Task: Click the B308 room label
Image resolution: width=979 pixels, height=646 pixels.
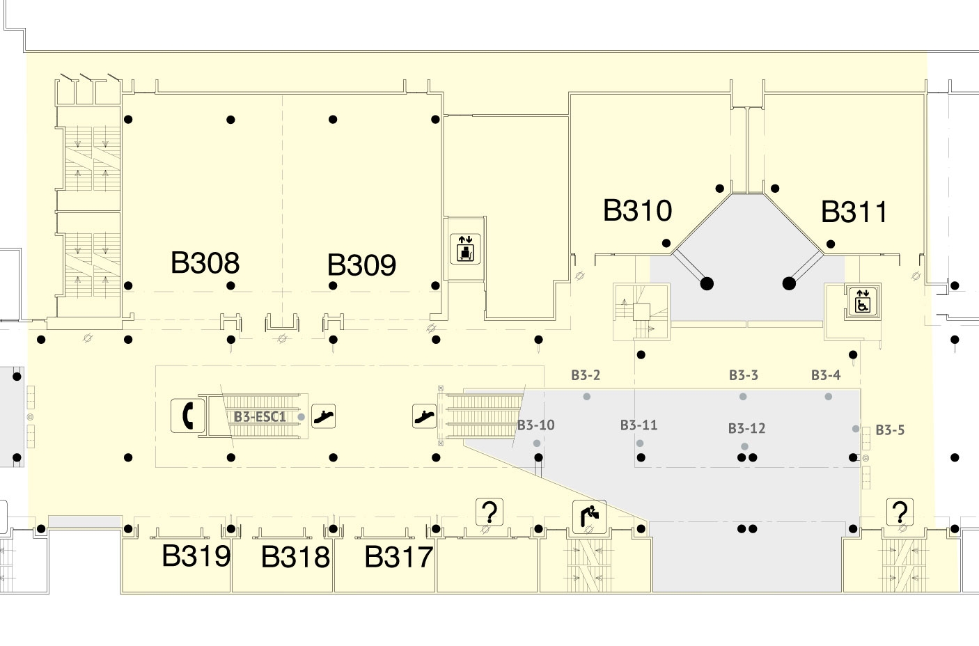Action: click(205, 262)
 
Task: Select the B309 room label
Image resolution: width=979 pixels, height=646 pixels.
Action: click(361, 265)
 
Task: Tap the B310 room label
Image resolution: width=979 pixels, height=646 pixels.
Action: click(637, 210)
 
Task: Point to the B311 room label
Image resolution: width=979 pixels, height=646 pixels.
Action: click(854, 212)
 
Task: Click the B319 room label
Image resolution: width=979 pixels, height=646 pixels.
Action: click(196, 556)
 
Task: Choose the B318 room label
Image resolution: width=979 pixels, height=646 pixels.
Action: click(295, 557)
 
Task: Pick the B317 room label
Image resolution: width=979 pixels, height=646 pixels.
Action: click(398, 557)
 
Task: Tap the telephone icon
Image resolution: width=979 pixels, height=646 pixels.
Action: click(187, 416)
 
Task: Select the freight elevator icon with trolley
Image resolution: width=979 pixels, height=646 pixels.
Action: click(465, 249)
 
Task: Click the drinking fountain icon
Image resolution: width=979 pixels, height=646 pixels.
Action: click(589, 517)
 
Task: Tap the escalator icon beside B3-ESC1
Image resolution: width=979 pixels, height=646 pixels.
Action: click(323, 416)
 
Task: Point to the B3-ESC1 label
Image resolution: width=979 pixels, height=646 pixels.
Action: click(260, 417)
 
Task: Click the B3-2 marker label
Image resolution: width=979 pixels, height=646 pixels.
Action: click(586, 375)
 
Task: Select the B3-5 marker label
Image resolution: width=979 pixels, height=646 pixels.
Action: click(890, 430)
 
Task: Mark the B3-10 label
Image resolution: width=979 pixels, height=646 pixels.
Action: click(536, 425)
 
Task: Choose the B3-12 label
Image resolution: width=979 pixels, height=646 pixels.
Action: click(746, 428)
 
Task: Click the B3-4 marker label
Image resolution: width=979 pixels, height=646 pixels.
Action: click(826, 375)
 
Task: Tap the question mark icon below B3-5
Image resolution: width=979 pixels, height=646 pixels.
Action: click(900, 512)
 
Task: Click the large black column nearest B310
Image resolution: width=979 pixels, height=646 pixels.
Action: click(707, 283)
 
